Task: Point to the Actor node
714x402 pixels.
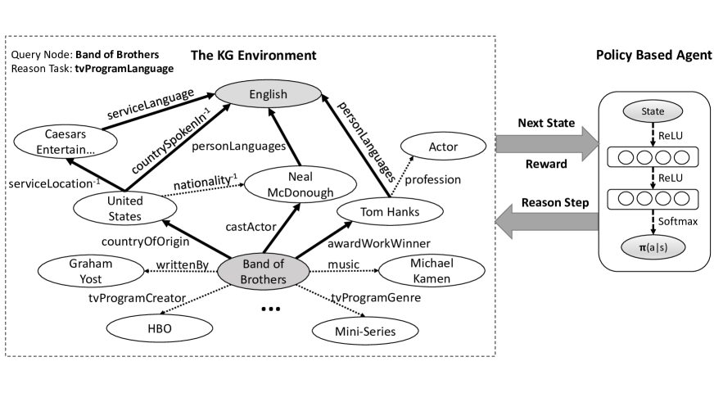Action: (442, 147)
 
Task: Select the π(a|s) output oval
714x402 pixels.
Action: (653, 246)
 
